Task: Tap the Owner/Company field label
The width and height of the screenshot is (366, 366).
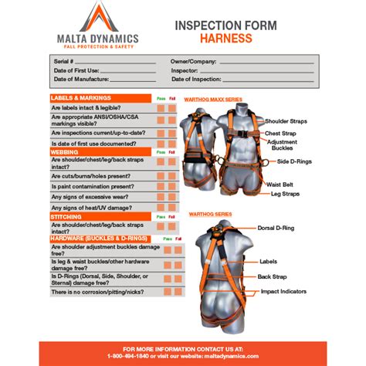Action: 192,60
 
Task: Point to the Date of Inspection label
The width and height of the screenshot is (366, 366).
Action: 197,79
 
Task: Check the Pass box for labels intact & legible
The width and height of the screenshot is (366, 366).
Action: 161,109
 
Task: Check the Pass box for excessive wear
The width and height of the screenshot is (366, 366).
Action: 161,196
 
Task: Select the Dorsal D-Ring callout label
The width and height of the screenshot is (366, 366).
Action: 299,229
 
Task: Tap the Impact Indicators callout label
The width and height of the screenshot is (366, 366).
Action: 304,291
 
